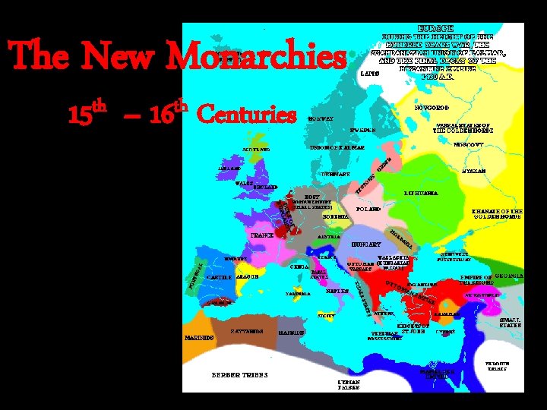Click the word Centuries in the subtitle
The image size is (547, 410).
pos(246,115)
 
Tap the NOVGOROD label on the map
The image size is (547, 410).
pos(431,109)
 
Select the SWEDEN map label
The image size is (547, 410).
pos(362,130)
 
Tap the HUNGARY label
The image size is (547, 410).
pos(367,244)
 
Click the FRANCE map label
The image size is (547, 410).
pos(262,235)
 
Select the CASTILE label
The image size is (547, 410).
pos(219,277)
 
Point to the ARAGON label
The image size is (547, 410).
pos(248,277)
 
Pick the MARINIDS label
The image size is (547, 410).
pos(197,337)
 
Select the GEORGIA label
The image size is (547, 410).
pos(508,277)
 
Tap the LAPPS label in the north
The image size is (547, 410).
pos(368,74)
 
